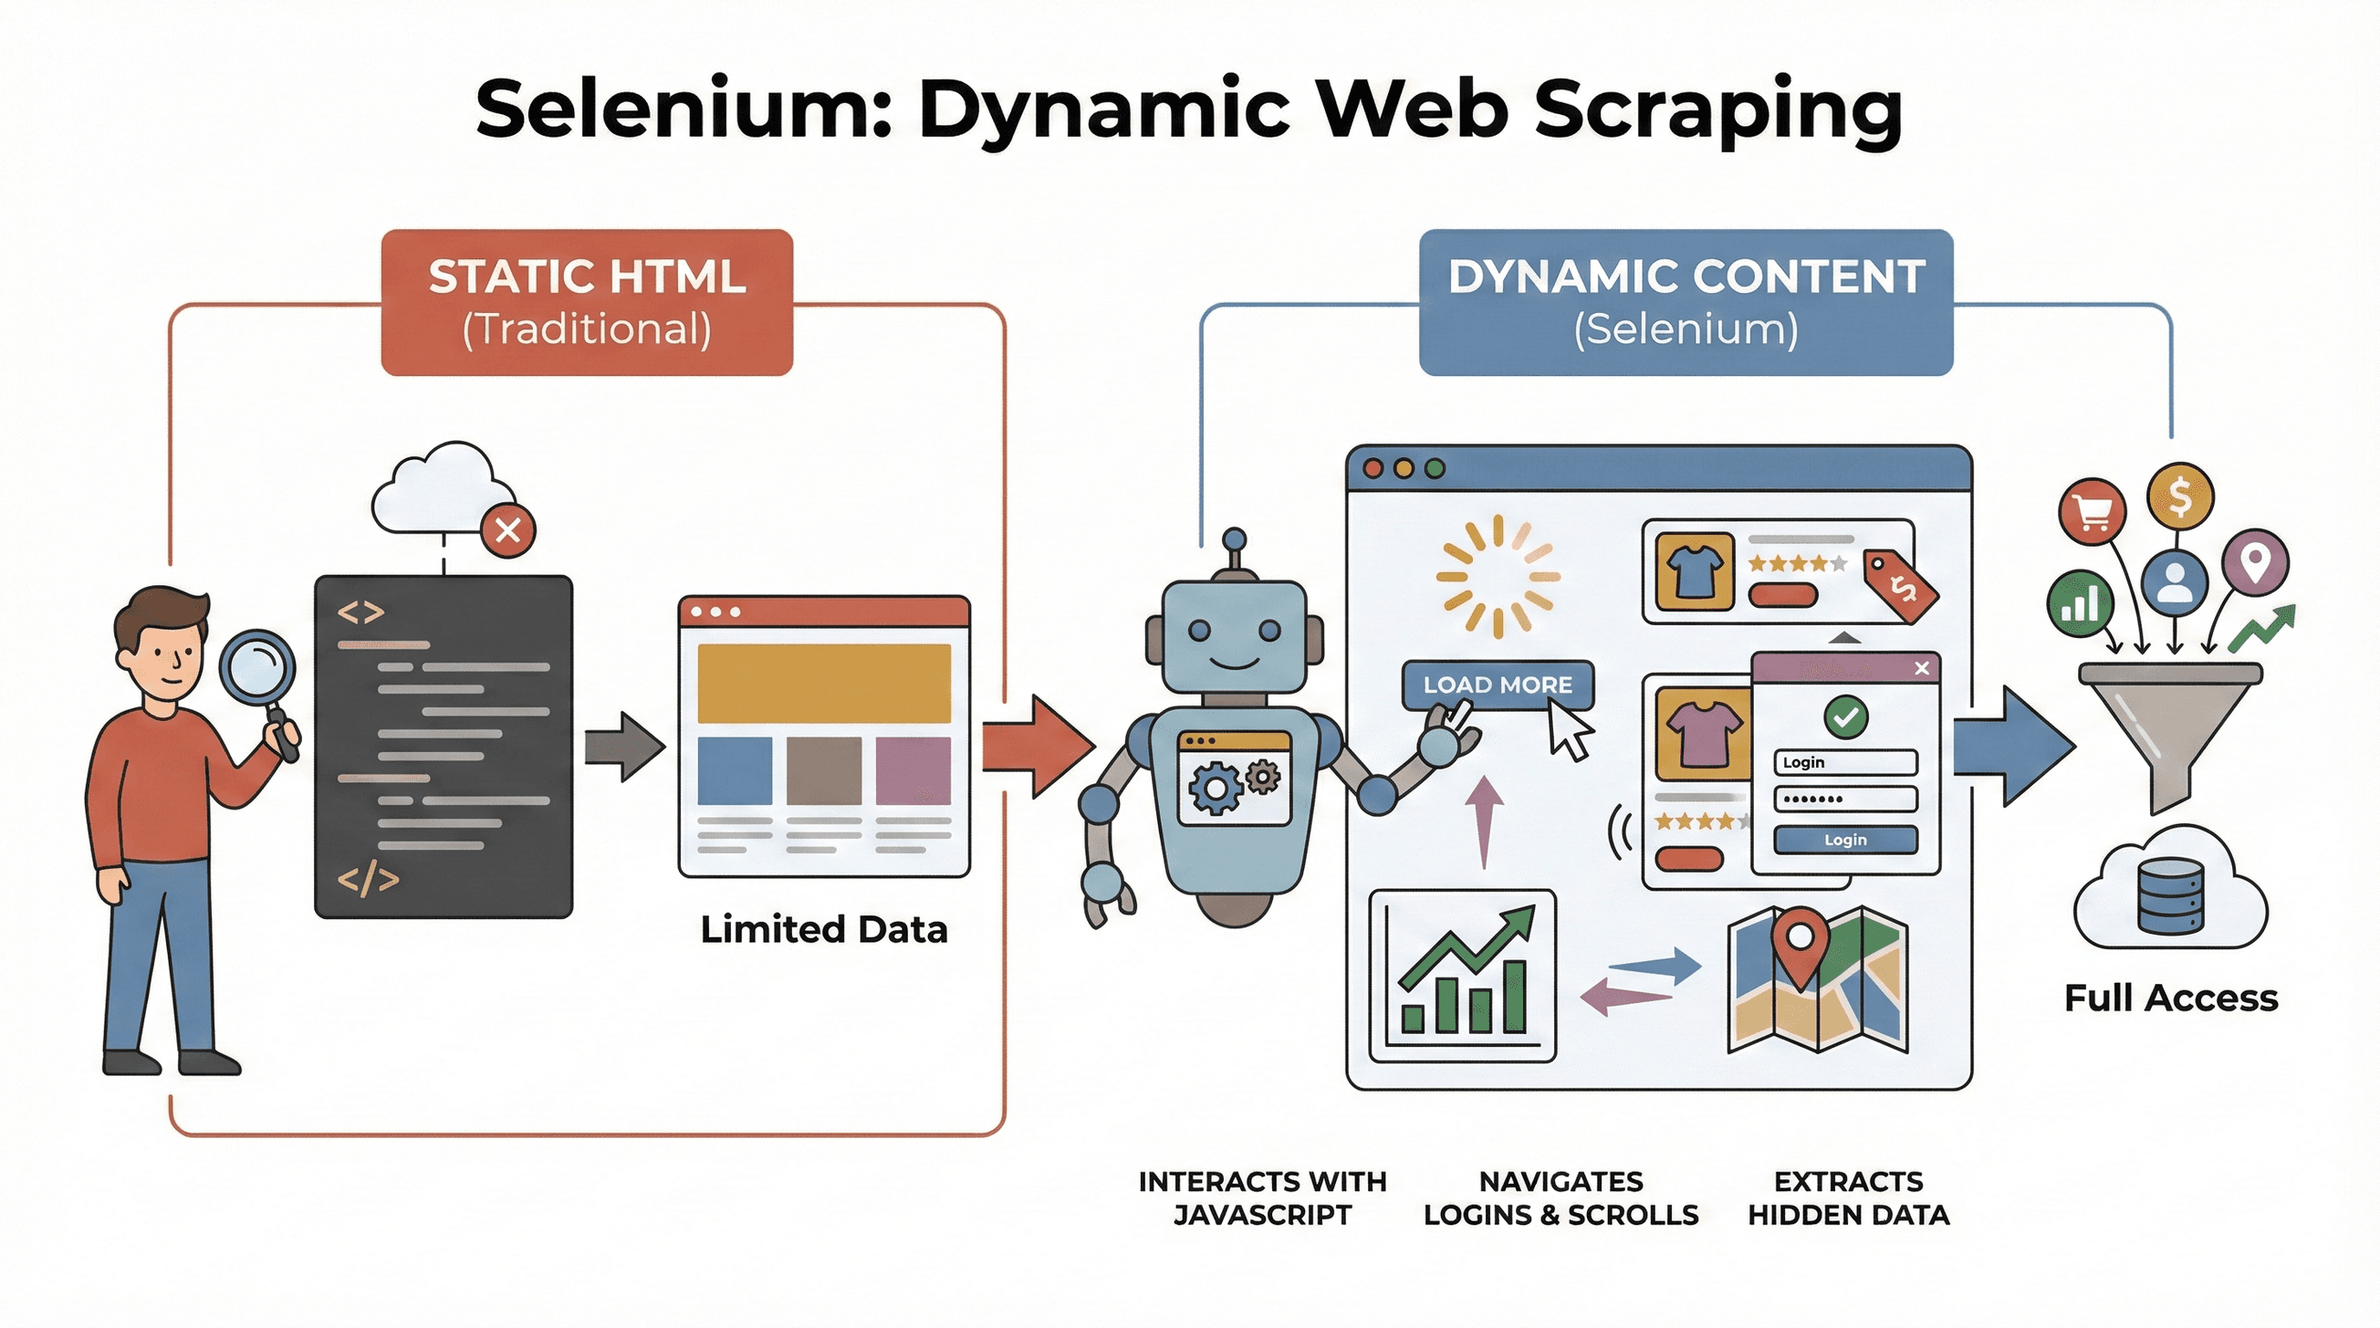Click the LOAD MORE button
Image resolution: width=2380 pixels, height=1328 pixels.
pos(1497,685)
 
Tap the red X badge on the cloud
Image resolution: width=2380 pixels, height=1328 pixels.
pos(507,530)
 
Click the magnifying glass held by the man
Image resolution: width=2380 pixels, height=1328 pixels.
pos(256,668)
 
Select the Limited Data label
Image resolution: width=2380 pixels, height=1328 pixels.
pos(823,929)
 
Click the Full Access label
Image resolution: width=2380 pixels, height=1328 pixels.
pos(2170,999)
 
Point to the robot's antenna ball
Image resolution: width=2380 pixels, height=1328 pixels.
pos(1235,539)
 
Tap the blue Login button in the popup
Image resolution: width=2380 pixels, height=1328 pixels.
pos(1845,839)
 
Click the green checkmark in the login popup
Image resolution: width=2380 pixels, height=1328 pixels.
pos(1845,716)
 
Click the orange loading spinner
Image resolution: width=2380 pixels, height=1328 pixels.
pos(1498,577)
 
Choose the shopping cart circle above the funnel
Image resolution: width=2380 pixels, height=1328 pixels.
pos(2093,511)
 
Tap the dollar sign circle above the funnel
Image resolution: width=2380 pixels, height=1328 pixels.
pos(2179,497)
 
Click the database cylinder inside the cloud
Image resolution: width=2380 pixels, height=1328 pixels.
pos(2169,896)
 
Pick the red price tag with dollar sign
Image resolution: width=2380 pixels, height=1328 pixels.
pos(1900,588)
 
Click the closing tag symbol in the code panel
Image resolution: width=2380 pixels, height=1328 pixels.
pos(368,880)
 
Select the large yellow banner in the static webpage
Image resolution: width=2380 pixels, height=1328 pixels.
pos(823,683)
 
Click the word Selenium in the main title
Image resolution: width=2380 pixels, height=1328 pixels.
pos(684,109)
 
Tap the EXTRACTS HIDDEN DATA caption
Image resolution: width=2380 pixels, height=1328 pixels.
pos(1848,1197)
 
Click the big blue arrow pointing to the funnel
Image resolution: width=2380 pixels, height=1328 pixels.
pos(2014,747)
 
